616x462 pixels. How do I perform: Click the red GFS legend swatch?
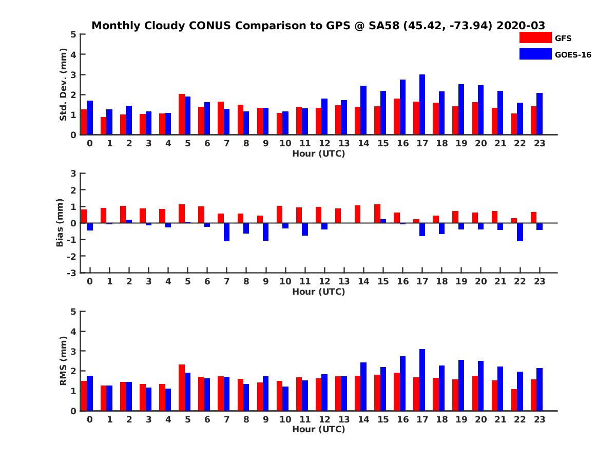535,38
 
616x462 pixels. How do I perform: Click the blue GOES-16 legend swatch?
535,54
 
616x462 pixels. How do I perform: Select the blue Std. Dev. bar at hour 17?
422,105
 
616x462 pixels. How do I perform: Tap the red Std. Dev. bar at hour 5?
182,114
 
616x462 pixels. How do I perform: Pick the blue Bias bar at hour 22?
520,232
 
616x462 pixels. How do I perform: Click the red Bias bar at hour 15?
377,214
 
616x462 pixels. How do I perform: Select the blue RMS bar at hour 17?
422,380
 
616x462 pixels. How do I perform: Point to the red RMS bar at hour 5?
182,388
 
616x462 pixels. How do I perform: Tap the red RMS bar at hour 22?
514,400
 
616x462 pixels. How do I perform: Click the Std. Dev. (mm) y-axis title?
64,85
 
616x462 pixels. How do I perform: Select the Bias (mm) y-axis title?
60,223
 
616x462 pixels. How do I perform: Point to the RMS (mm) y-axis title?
64,361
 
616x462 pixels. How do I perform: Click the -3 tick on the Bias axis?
72,273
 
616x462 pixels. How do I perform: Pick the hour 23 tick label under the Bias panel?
539,281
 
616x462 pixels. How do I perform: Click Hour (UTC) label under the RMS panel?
318,429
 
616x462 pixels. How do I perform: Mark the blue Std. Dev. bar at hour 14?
363,110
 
